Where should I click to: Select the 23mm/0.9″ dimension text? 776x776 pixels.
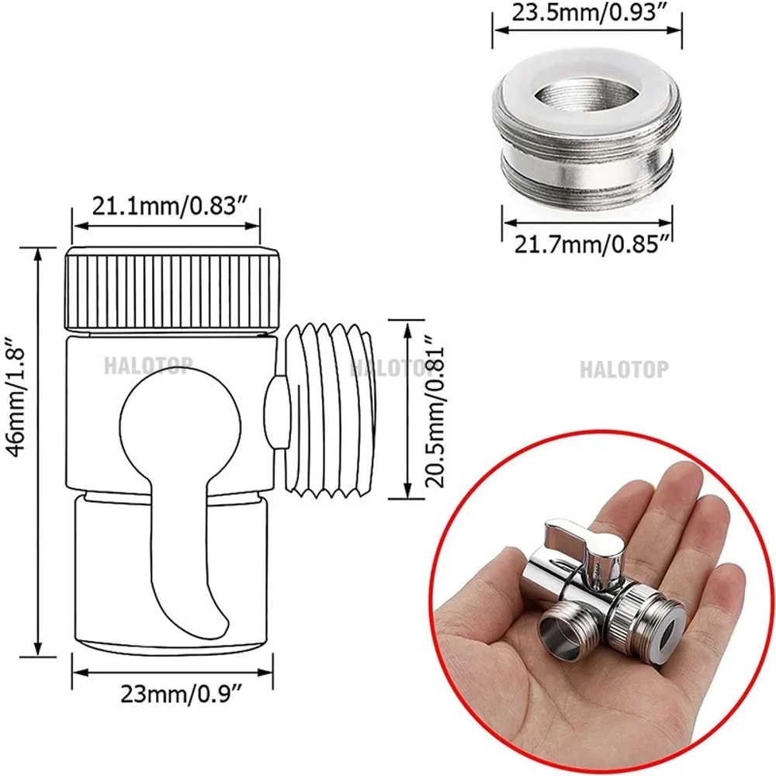[x=171, y=695]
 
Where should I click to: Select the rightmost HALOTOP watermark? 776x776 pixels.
[x=623, y=369]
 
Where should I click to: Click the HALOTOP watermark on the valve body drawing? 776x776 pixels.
[x=147, y=365]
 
